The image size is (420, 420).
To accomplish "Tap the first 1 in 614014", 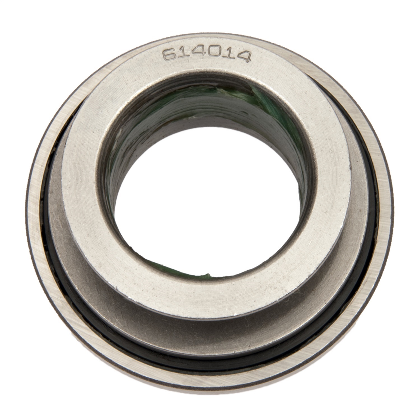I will point(183,53).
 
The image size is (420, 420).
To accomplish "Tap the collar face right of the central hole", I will point(328,196).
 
